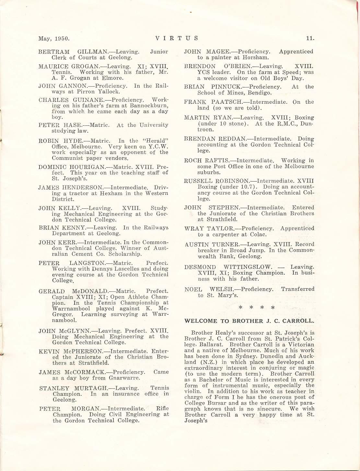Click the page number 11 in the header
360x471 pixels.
click(x=310, y=38)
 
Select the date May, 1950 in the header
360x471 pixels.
click(x=54, y=38)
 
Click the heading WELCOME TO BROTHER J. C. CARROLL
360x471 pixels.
click(x=249, y=321)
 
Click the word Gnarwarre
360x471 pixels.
click(x=125, y=378)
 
